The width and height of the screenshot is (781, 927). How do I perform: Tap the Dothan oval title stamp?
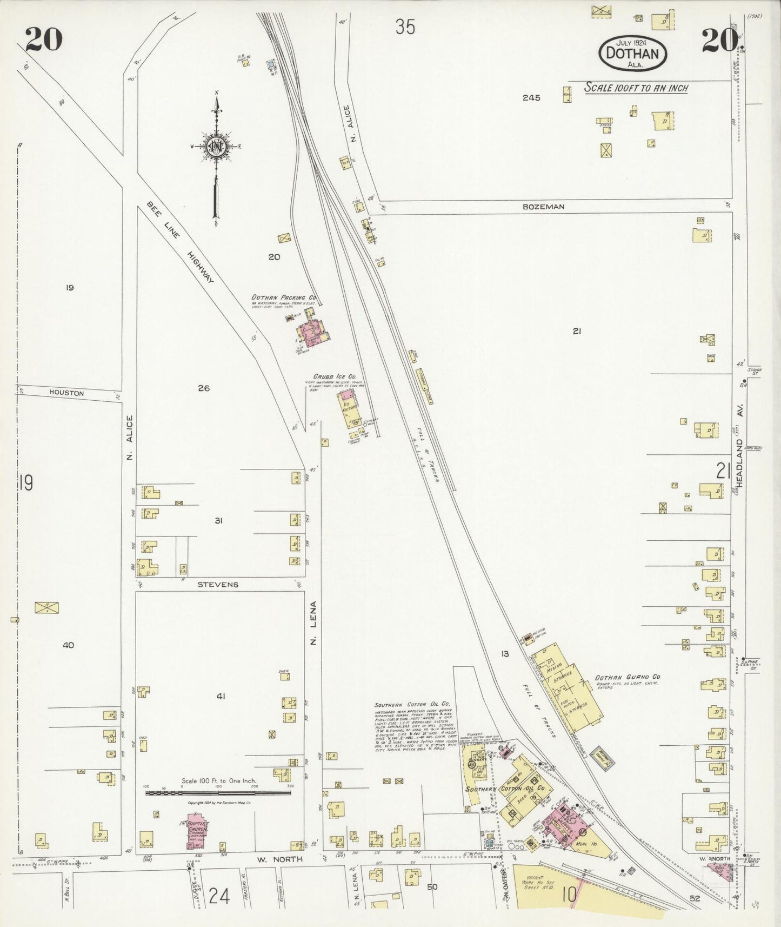tap(632, 54)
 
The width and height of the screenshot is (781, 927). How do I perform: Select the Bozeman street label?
tap(544, 207)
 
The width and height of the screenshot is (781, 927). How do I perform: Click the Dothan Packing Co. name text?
tap(284, 297)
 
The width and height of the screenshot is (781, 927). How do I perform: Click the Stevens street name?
tap(217, 585)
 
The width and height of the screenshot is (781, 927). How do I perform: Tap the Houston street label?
tap(66, 393)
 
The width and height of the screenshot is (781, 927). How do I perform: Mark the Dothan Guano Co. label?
tap(627, 677)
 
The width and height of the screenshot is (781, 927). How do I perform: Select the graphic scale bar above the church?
tap(218, 793)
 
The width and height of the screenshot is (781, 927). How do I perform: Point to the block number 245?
tap(531, 98)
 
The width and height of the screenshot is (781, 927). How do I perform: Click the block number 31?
tap(218, 521)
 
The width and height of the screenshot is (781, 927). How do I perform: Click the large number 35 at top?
tap(405, 27)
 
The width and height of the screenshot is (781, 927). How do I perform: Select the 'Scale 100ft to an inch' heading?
tap(636, 88)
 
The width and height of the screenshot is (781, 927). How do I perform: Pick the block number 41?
tap(221, 697)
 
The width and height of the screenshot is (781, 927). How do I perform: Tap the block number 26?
tap(204, 388)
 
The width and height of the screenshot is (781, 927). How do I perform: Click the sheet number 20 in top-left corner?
tap(43, 39)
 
